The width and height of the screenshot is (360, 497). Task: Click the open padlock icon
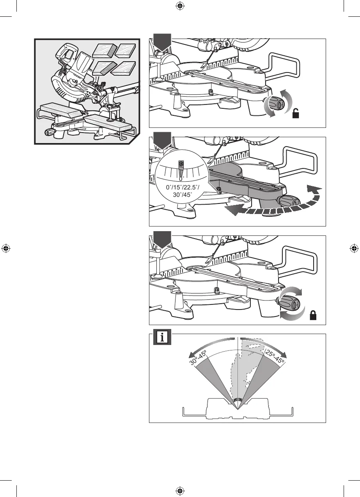point(297,114)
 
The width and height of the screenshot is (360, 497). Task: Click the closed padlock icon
point(312,316)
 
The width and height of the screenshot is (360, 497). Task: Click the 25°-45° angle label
point(275,357)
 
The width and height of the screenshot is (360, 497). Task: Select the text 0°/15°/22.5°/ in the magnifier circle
point(180,187)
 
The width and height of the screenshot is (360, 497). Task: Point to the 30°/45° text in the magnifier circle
point(180,195)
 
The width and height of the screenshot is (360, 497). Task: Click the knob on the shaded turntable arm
point(289,202)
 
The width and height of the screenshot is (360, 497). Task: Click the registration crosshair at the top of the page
point(180,6)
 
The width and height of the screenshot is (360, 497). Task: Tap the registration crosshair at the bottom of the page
point(180,490)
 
